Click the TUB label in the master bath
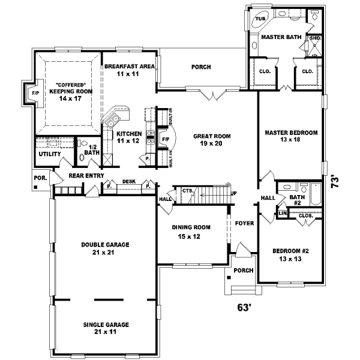260,19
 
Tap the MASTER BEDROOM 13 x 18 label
291,136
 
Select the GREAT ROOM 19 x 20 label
212,140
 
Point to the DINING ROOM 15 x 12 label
192,231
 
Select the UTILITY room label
50,154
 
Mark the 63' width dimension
244,308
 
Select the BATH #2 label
296,199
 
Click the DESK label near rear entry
128,181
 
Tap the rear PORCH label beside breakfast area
201,67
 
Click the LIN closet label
283,213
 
